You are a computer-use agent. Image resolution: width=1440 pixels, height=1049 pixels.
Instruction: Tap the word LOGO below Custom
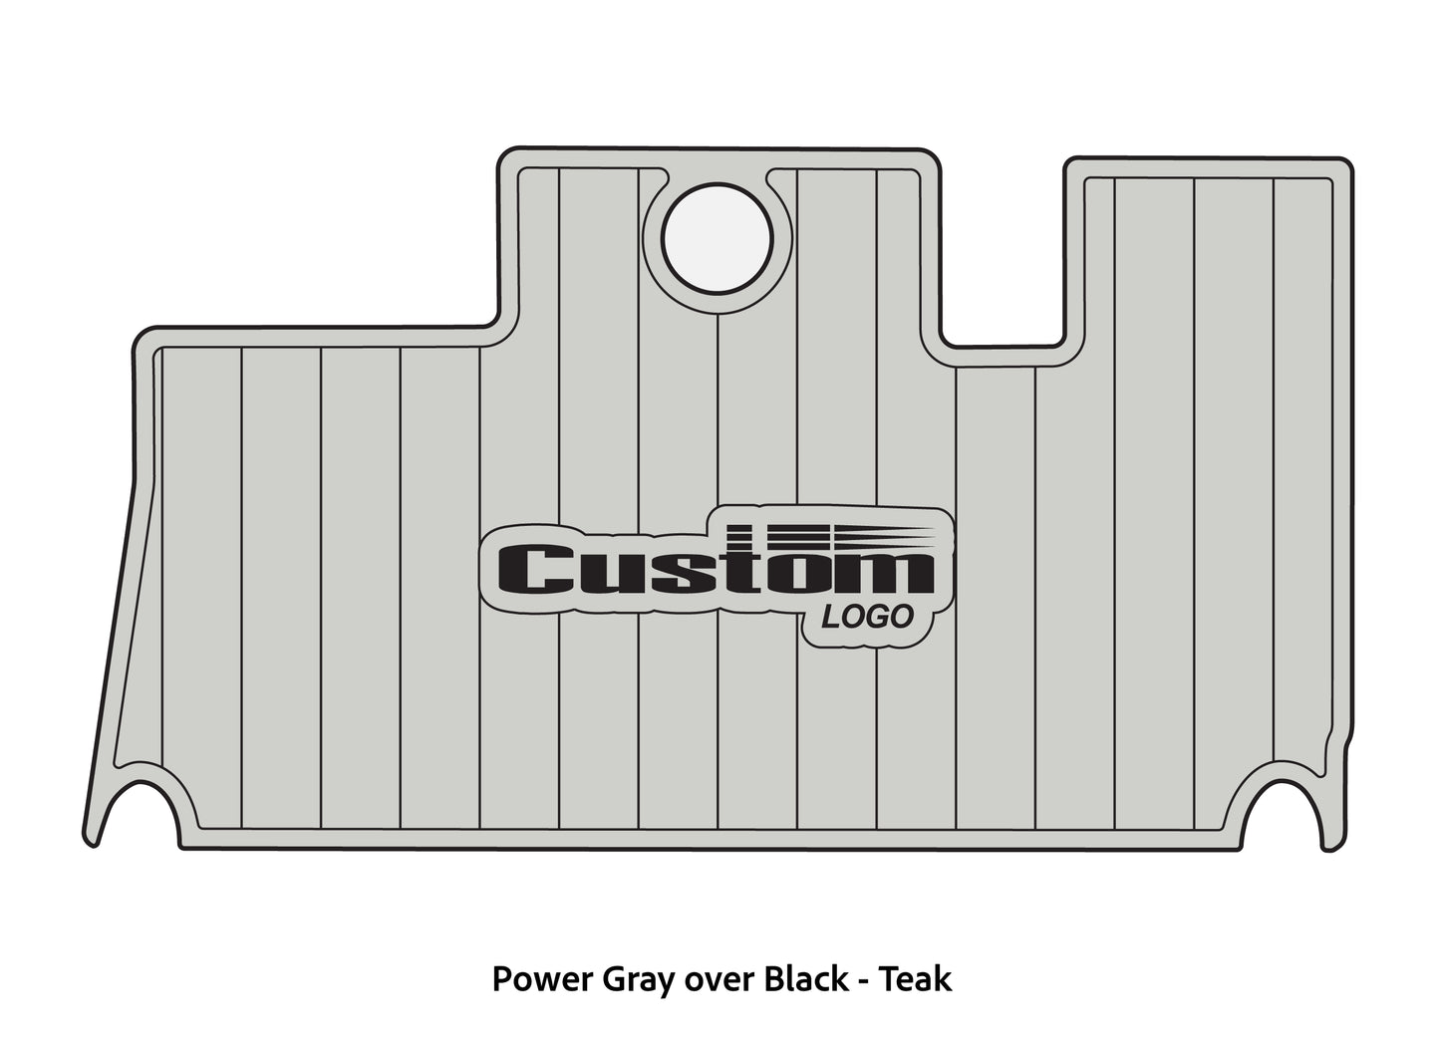867,618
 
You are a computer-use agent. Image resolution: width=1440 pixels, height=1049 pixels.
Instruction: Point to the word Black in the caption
804,980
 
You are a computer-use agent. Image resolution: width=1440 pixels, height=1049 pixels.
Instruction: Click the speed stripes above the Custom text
832,535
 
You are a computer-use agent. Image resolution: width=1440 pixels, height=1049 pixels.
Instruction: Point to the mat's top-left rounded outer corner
140,335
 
